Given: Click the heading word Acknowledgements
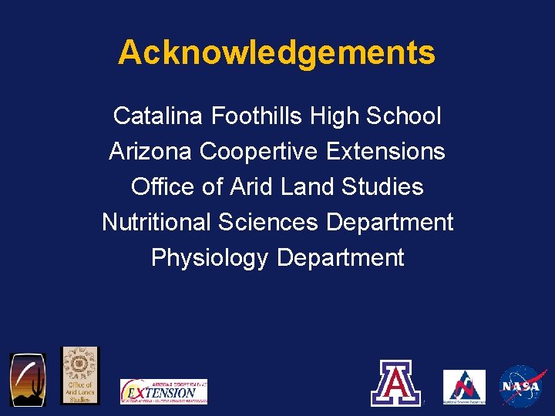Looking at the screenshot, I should click(x=277, y=53).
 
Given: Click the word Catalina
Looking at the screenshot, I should click(x=158, y=116).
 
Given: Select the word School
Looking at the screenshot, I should click(x=404, y=116).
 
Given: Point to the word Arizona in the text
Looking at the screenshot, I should click(x=151, y=152).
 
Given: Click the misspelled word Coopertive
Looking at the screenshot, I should click(x=258, y=152).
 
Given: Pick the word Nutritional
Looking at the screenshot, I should click(x=156, y=223).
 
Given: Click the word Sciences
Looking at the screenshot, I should click(x=268, y=223).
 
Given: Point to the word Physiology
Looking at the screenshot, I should click(x=210, y=258).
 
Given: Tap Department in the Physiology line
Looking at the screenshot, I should click(x=340, y=258).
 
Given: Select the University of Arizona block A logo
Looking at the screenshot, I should click(x=396, y=383).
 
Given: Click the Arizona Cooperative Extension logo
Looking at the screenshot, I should click(x=163, y=391).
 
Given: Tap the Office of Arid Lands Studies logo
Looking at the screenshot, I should click(x=80, y=374).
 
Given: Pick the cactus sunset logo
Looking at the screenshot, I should click(x=28, y=379).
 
